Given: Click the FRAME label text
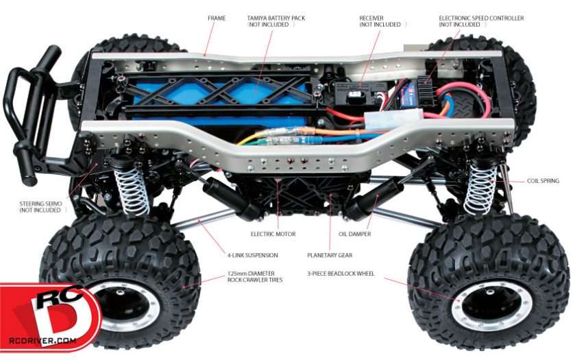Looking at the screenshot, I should pyautogui.click(x=217, y=18).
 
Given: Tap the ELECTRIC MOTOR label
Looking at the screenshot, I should pyautogui.click(x=273, y=234).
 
